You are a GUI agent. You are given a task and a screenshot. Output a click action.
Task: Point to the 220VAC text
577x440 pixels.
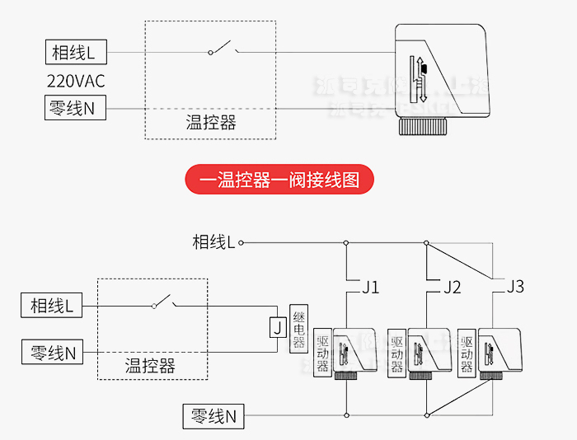(x=75, y=82)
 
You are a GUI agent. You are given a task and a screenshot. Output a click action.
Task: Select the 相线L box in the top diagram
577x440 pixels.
(x=75, y=53)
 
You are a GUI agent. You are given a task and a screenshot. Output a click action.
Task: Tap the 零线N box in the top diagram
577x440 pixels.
(x=75, y=108)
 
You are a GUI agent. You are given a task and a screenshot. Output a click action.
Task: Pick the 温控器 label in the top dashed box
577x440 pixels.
(x=211, y=124)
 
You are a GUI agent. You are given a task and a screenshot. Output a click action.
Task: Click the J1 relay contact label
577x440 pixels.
(x=370, y=288)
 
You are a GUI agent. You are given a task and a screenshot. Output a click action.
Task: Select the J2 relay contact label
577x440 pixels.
(x=452, y=288)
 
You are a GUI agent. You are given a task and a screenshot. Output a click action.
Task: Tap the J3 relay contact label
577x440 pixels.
(x=515, y=287)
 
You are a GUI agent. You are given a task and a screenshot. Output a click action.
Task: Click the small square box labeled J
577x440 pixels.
(x=278, y=328)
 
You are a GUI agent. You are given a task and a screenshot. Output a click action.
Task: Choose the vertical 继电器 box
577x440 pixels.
(x=299, y=328)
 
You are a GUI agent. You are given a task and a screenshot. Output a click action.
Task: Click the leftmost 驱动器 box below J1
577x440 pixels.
(x=323, y=353)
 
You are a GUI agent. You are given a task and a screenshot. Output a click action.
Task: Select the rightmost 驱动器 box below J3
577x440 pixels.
(x=467, y=353)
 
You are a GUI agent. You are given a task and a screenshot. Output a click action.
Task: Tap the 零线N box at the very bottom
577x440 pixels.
(x=213, y=416)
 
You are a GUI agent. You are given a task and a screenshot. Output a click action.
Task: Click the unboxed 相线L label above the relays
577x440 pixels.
(x=213, y=241)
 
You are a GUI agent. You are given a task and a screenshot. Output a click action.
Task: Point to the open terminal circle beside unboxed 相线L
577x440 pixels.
(x=242, y=242)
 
